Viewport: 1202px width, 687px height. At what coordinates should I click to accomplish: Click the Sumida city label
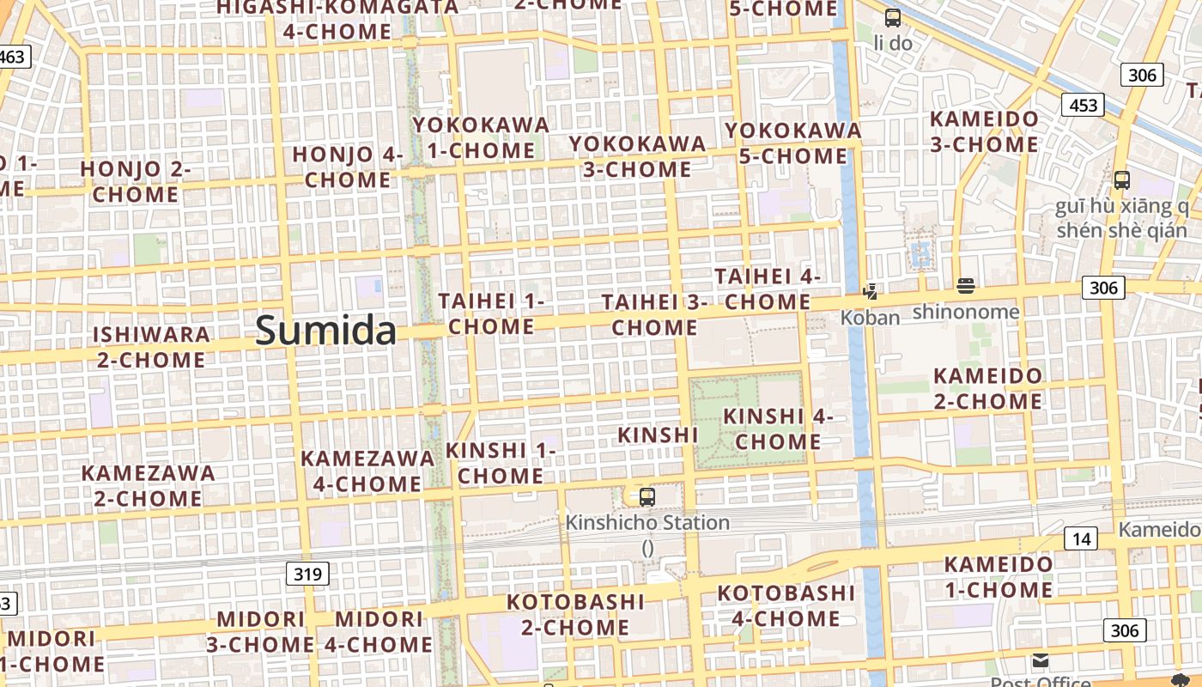326,331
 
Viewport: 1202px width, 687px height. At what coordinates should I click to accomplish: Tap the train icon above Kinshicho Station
647,496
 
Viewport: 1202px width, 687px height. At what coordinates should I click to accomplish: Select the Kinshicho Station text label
647,522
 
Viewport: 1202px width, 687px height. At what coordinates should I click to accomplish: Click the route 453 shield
1083,105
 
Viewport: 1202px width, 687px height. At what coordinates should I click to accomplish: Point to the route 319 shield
307,574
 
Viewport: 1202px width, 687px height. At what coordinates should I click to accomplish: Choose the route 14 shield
1081,538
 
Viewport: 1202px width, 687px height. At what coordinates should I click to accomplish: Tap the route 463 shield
13,57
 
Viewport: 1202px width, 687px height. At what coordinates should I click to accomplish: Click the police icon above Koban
871,292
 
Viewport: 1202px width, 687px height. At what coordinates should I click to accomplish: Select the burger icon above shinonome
966,286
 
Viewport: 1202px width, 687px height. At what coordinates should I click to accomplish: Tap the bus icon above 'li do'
893,17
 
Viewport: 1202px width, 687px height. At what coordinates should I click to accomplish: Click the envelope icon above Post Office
1041,660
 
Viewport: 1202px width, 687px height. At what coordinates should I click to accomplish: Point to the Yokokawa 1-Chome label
481,137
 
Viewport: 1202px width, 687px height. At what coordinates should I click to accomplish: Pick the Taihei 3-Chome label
654,314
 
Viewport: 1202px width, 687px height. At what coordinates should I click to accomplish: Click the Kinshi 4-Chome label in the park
778,429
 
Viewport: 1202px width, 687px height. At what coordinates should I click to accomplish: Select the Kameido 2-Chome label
987,388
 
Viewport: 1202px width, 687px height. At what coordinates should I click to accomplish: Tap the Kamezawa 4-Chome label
367,471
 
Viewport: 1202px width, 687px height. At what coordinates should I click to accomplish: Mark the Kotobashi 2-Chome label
575,614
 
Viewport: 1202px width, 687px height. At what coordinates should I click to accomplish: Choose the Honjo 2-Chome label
136,181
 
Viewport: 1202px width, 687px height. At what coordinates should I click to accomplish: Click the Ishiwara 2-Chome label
151,347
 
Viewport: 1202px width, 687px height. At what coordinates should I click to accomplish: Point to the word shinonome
966,311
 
